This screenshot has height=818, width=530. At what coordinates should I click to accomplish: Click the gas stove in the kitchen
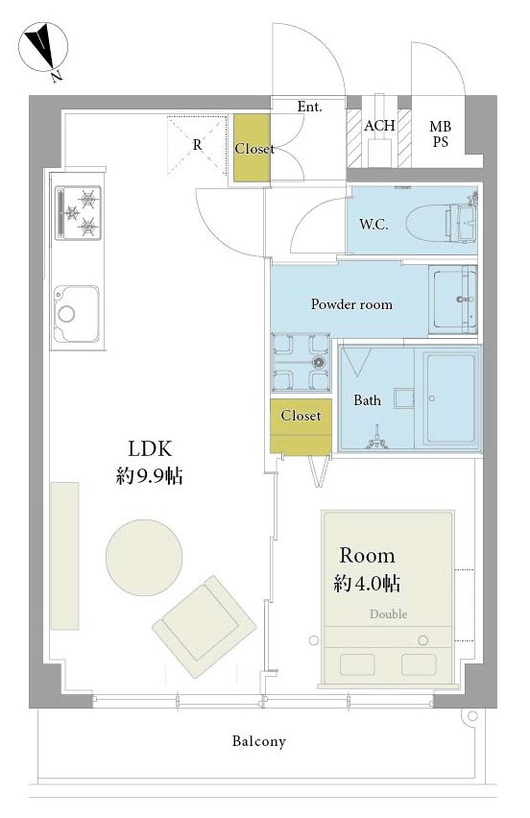pyautogui.click(x=78, y=213)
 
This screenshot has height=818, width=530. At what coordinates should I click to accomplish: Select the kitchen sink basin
pyautogui.click(x=76, y=314)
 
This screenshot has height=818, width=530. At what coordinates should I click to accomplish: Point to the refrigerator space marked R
pyautogui.click(x=197, y=145)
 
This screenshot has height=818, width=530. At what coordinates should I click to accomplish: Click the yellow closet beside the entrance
pyautogui.click(x=252, y=148)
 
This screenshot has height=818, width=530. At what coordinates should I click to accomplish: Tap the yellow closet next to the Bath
pyautogui.click(x=301, y=426)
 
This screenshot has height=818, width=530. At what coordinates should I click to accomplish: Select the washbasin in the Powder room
pyautogui.click(x=453, y=300)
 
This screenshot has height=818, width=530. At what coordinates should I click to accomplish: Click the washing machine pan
pyautogui.click(x=301, y=362)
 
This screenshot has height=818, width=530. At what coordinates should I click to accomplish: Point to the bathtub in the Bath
pyautogui.click(x=449, y=397)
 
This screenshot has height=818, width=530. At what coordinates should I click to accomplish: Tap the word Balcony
pyautogui.click(x=259, y=741)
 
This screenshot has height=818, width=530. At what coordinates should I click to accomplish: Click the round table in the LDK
pyautogui.click(x=144, y=557)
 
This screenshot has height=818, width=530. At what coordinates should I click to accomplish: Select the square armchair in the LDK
pyautogui.click(x=204, y=627)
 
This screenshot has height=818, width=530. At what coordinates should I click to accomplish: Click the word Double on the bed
pyautogui.click(x=388, y=614)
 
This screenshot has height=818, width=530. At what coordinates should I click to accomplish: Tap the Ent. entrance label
pyautogui.click(x=310, y=107)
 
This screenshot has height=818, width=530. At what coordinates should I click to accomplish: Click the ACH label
pyautogui.click(x=379, y=126)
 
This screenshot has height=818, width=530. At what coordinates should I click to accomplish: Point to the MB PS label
pyautogui.click(x=441, y=134)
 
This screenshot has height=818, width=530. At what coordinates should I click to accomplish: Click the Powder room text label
pyautogui.click(x=351, y=304)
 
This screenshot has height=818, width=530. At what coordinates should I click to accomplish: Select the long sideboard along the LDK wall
pyautogui.click(x=64, y=556)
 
